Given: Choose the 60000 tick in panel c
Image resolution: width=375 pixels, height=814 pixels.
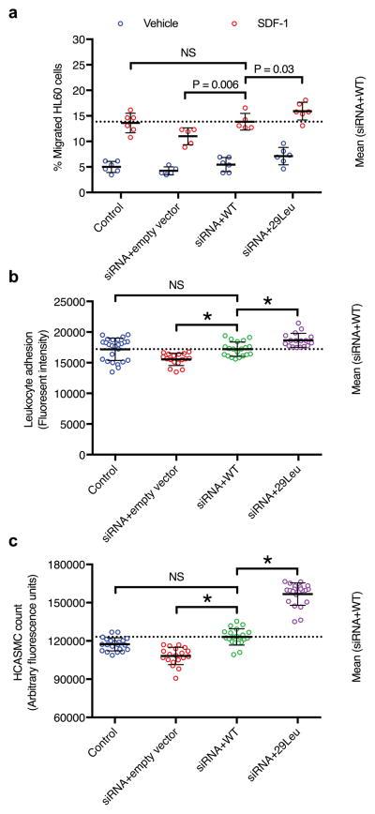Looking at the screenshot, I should coord(77,717).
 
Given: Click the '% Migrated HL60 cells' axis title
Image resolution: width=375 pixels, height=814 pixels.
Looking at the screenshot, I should coord(57,116).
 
